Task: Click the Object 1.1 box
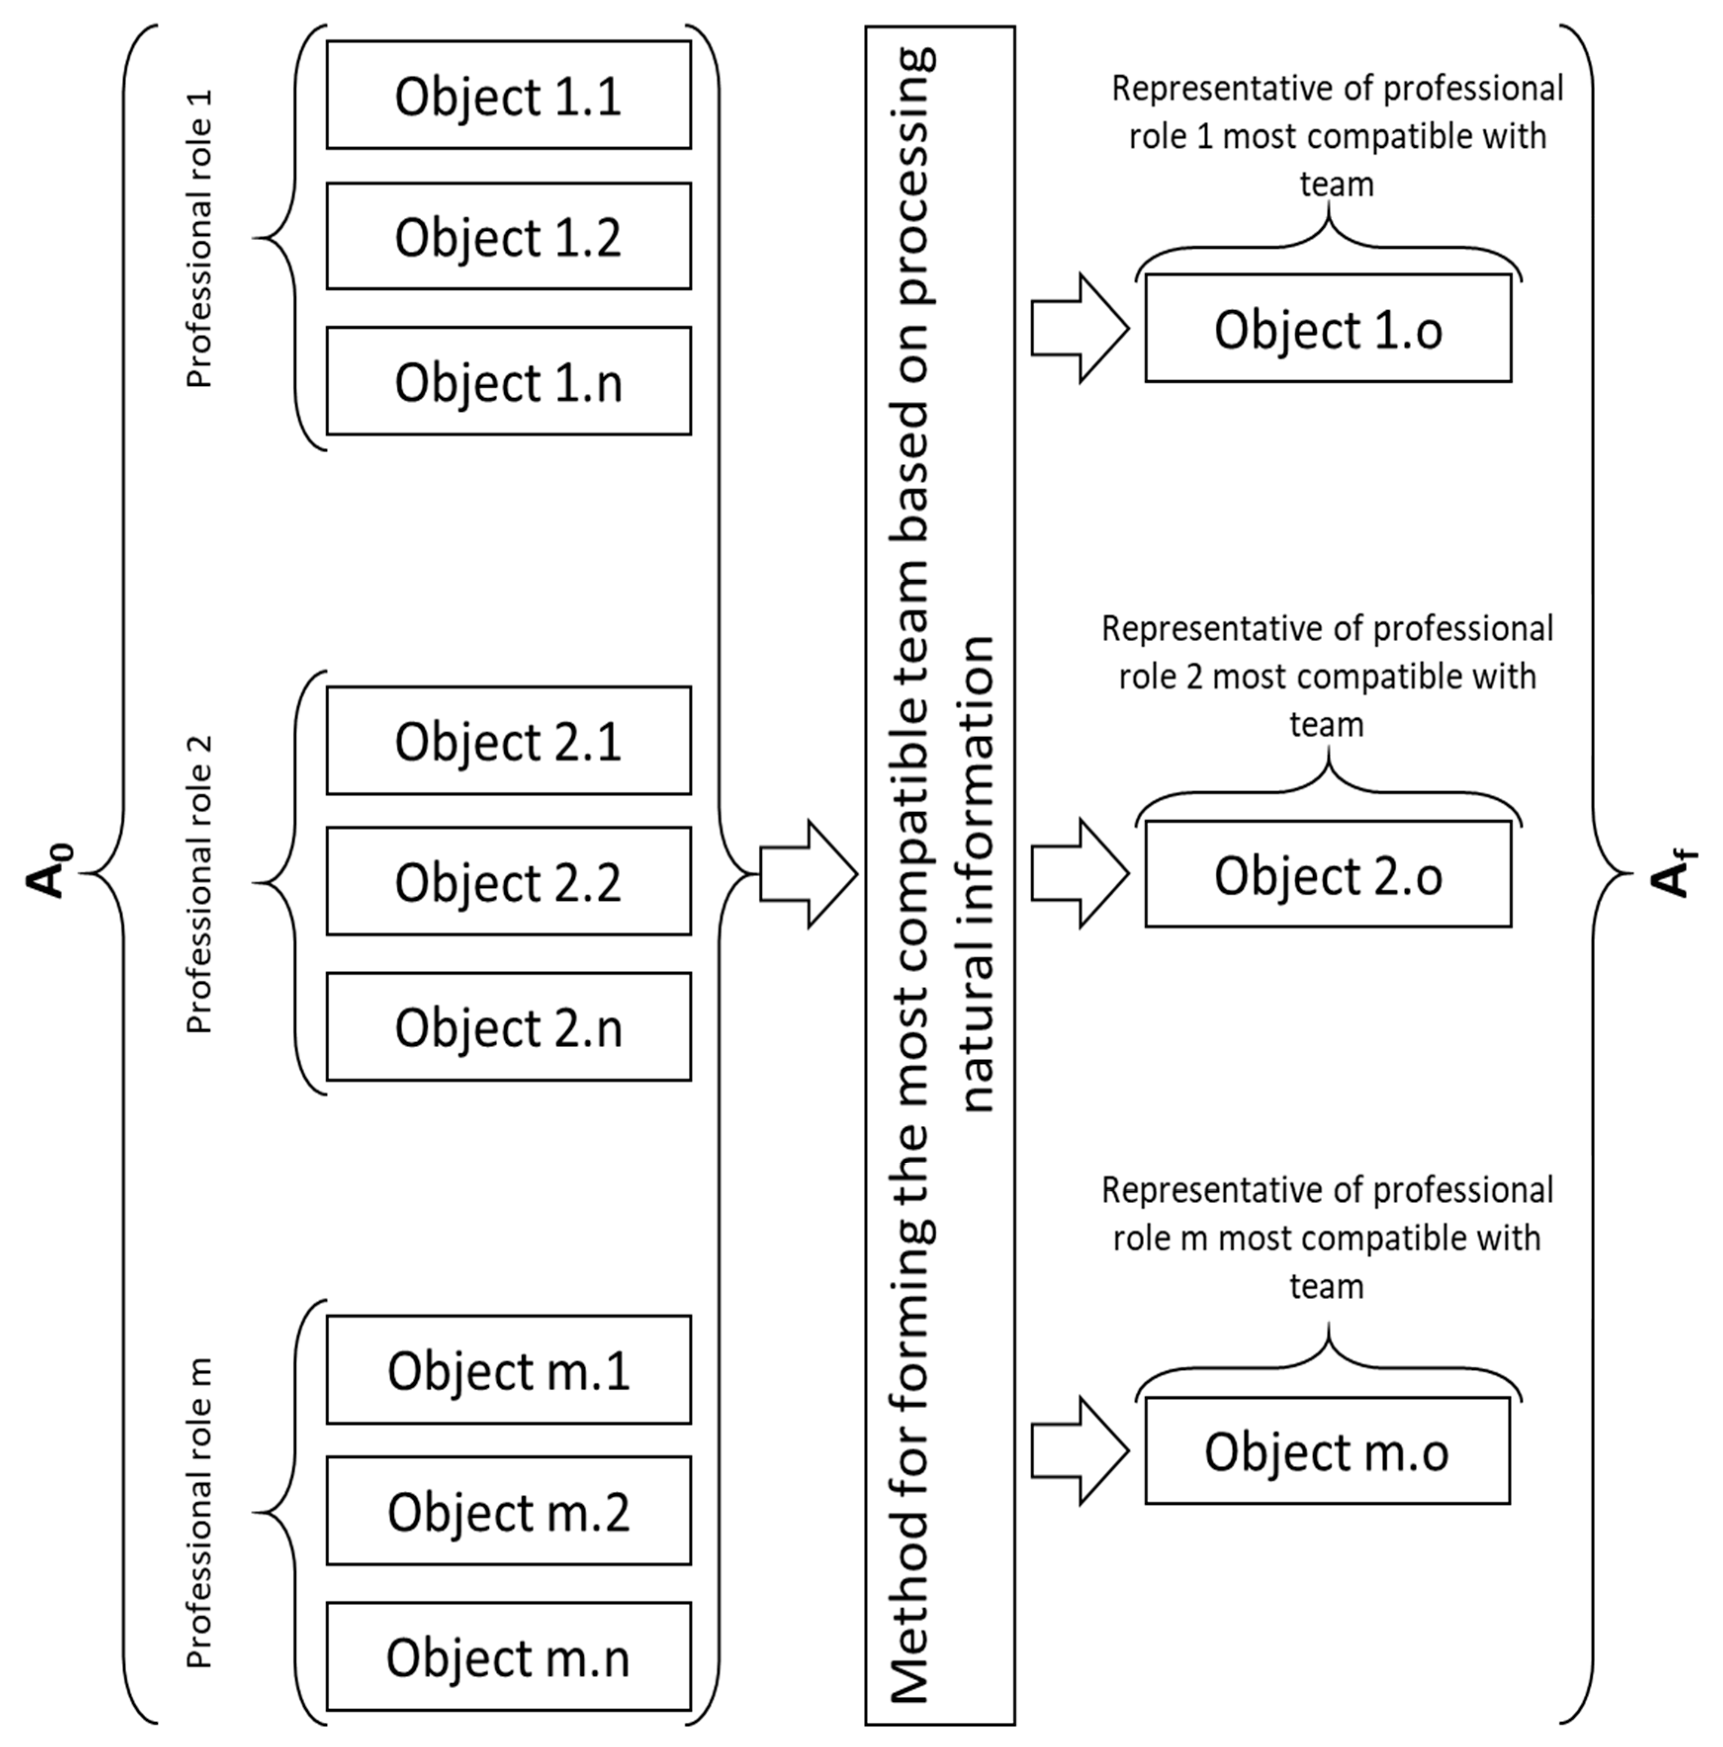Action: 508,95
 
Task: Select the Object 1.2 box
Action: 508,237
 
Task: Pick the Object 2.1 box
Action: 508,741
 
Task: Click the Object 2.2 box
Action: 508,881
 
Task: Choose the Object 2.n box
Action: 508,1027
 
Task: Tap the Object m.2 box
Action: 508,1511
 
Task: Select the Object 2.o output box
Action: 1328,874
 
